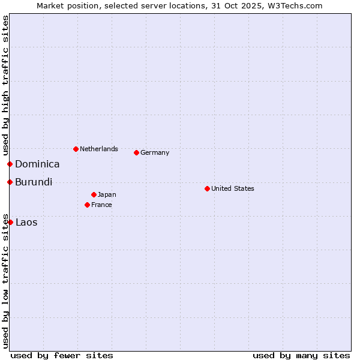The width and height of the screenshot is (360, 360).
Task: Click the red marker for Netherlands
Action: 76,149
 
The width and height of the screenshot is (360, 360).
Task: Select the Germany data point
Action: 136,152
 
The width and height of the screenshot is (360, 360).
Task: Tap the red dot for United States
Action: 207,188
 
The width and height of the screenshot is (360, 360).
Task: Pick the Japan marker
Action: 94,194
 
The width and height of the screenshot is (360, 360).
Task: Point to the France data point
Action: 87,205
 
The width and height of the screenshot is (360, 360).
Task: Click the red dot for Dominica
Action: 10,164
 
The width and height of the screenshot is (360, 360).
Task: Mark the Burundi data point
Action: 10,182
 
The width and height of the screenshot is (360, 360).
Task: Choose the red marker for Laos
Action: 10,222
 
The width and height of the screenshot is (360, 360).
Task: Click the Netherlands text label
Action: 99,149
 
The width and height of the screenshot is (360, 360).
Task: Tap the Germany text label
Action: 155,152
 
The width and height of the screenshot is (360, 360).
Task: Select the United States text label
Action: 233,188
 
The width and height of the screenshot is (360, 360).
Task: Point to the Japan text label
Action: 107,194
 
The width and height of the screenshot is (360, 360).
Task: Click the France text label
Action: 101,205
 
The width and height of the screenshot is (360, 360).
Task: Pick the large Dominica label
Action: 37,164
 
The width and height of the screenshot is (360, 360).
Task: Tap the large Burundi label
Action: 34,182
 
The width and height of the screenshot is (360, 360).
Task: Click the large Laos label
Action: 26,222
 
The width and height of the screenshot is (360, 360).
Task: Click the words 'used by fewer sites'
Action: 62,355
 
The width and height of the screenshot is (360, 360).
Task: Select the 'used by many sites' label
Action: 301,355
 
